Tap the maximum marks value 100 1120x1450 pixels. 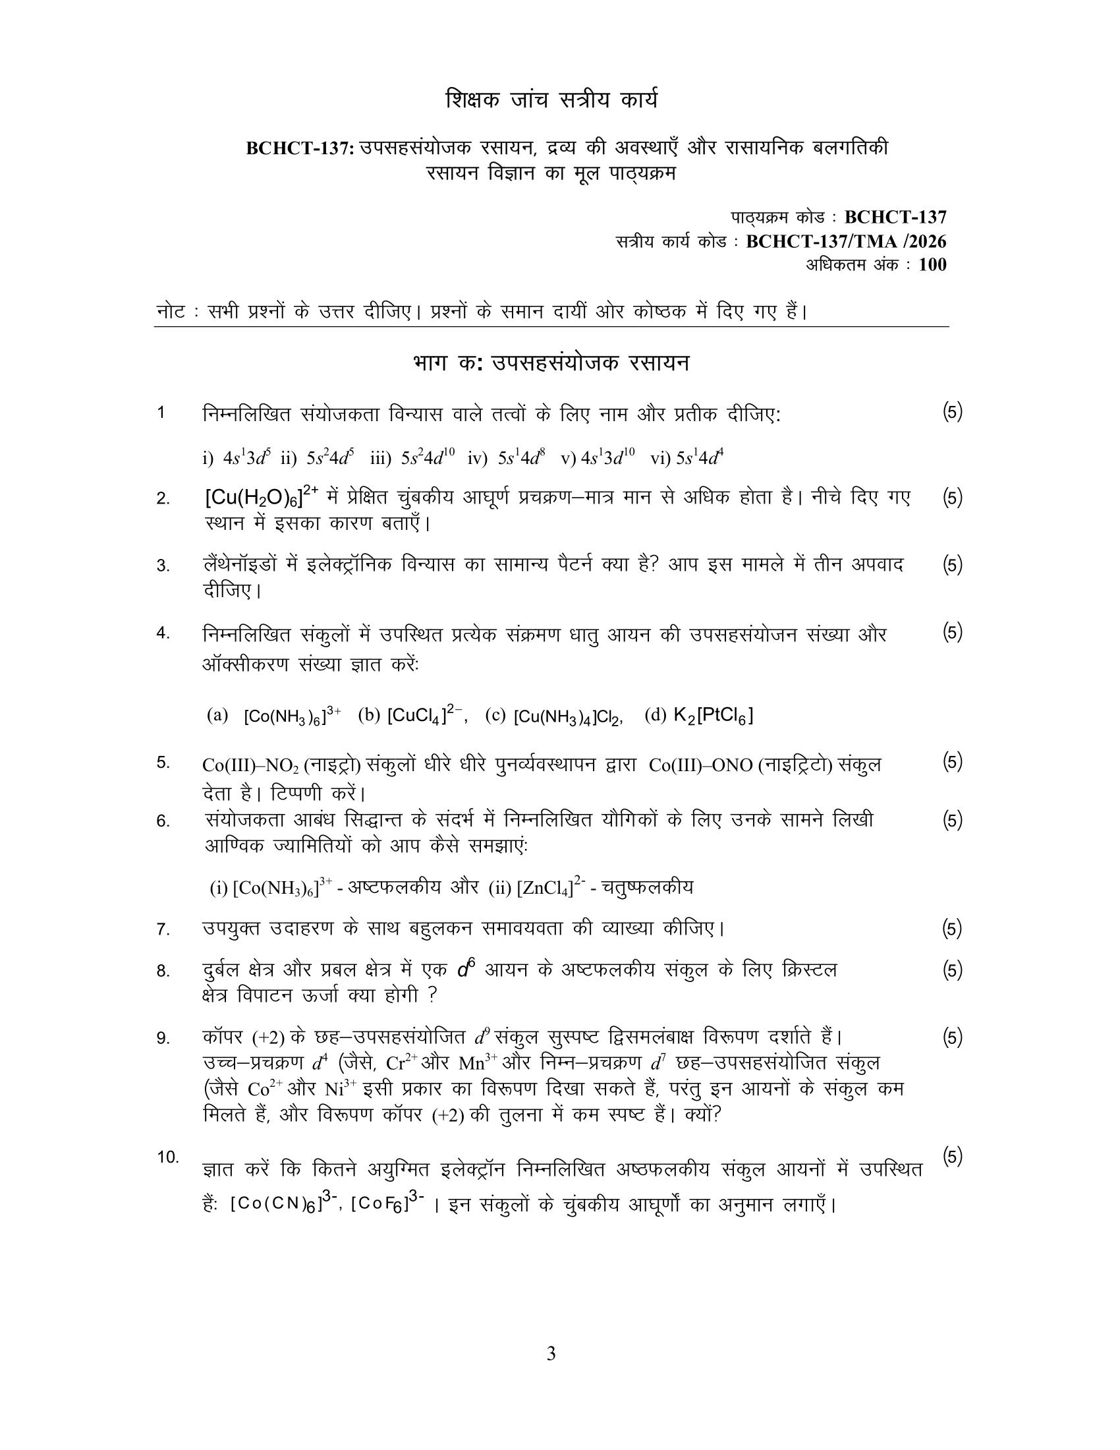(x=932, y=265)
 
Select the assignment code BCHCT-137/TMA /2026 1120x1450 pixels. (x=846, y=241)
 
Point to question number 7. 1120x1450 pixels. (x=163, y=929)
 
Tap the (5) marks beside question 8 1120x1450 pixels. (x=952, y=970)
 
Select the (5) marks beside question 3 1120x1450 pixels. (x=952, y=564)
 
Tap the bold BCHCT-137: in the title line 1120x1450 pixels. (x=301, y=148)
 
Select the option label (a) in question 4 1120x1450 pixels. (x=217, y=715)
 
